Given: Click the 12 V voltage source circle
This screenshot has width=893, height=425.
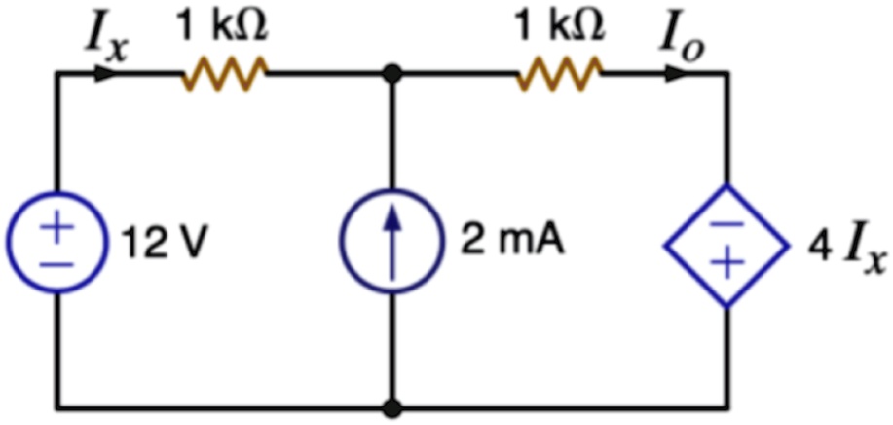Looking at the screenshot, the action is tap(8, 242).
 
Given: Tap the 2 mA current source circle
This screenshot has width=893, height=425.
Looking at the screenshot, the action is tap(342, 242).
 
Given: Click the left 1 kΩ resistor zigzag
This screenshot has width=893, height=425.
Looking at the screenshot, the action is tap(224, 73).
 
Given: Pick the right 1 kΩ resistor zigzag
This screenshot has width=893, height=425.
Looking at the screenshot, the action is tap(559, 73).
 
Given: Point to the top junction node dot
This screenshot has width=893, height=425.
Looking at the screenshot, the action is tap(391, 73).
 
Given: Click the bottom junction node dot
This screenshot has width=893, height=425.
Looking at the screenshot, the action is tap(391, 408).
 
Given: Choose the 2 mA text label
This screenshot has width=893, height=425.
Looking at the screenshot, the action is tap(512, 242).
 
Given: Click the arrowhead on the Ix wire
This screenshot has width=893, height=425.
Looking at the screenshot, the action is tap(107, 73).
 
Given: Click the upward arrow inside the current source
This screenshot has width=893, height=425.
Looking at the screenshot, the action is tap(391, 242).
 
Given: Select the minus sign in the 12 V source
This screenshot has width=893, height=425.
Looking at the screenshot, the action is tap(56, 265).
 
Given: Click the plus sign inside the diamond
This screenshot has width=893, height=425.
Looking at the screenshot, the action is tap(726, 263).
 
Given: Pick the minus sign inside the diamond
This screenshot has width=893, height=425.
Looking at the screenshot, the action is tap(726, 224).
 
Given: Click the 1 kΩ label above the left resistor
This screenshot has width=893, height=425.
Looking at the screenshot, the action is tap(223, 26).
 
